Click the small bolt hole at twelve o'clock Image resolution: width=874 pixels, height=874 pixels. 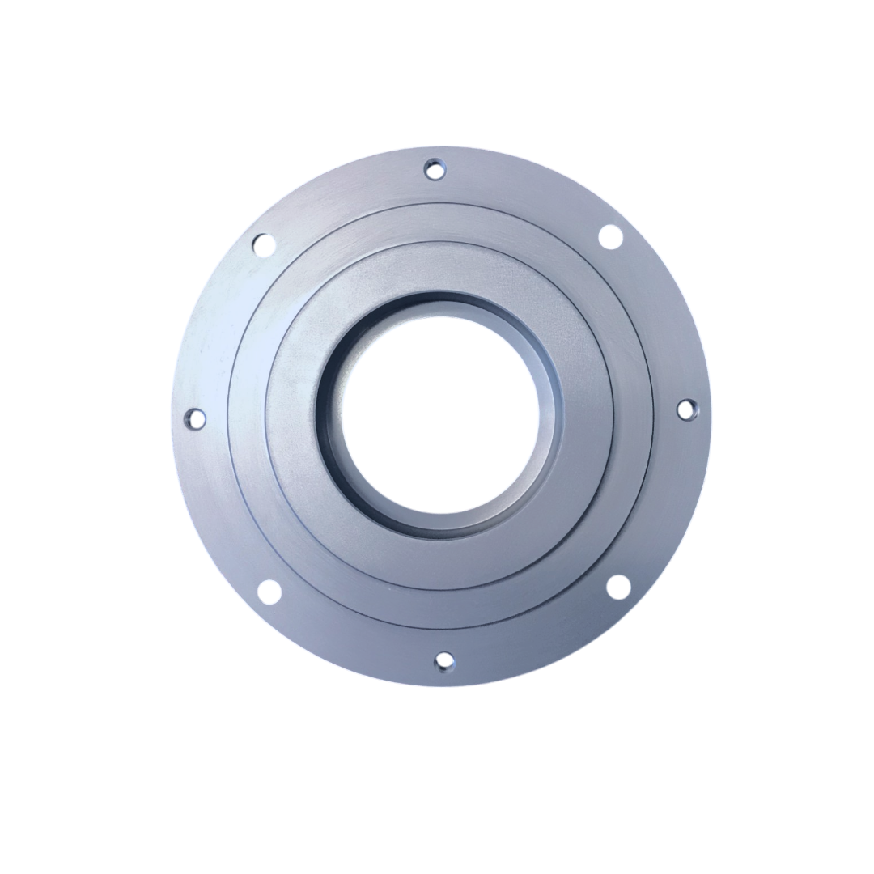pos(435,169)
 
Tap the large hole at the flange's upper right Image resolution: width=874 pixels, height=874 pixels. pos(610,237)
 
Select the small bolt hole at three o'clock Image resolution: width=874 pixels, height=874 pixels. pos(685,409)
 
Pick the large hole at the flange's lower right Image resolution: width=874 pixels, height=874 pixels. pos(618,587)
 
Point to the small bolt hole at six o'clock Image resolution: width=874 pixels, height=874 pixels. pos(444,661)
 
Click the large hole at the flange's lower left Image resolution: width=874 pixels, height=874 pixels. pos(269,592)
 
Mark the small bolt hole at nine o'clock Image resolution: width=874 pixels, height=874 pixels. pos(195,419)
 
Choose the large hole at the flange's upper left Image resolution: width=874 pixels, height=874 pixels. pos(264,244)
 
